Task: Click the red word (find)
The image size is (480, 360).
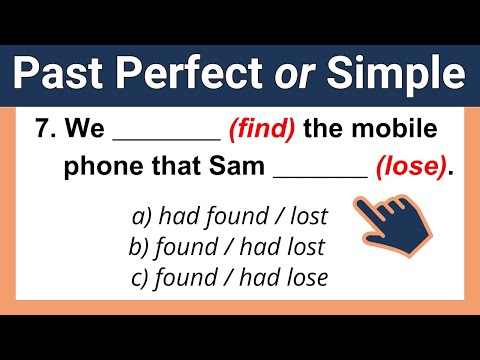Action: tap(262, 129)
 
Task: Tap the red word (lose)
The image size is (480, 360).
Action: tap(410, 167)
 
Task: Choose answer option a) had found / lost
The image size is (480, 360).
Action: tap(230, 215)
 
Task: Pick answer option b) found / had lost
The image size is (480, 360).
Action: tap(227, 245)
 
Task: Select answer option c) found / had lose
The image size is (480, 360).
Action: tap(229, 275)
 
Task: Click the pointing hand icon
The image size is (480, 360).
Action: tap(389, 226)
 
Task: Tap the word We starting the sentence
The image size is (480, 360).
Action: tap(104, 129)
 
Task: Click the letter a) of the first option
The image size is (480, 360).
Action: tap(140, 215)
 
